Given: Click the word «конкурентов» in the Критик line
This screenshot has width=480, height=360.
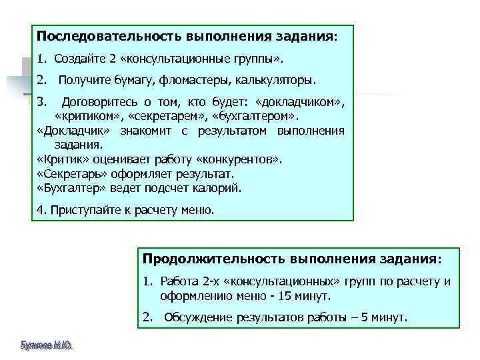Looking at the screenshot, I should [x=247, y=160].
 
